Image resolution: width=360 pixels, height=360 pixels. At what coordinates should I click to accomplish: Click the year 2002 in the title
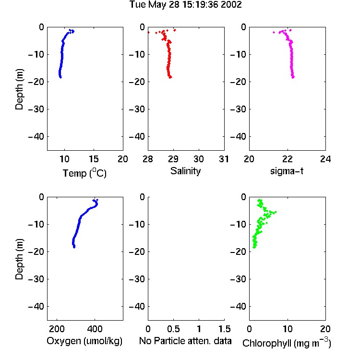[231, 5]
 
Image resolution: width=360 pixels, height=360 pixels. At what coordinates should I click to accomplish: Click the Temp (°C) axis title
[84, 173]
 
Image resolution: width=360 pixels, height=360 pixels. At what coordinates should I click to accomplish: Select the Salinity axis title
[185, 171]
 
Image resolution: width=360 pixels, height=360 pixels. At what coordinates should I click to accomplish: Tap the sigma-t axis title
[287, 171]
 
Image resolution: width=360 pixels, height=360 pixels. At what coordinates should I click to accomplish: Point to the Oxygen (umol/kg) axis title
[84, 341]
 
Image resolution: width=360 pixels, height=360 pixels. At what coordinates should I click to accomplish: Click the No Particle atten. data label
[185, 341]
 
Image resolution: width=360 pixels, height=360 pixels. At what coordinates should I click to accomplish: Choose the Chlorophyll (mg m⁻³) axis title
[287, 343]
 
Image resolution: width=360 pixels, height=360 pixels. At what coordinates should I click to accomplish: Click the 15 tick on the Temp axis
[94, 159]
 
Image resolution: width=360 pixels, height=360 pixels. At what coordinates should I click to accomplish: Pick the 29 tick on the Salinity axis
[173, 159]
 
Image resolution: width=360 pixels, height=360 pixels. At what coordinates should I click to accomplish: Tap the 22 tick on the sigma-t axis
[288, 159]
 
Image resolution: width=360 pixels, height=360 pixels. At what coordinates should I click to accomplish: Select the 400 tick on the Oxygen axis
[95, 329]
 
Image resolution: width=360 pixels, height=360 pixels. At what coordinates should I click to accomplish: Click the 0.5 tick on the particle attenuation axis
[173, 329]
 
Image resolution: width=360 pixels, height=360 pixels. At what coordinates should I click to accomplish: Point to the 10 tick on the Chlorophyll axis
[288, 329]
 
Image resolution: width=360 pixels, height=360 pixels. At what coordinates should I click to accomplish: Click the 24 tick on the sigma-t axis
[325, 159]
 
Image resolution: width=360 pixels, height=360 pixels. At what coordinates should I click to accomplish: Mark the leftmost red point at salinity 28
[148, 32]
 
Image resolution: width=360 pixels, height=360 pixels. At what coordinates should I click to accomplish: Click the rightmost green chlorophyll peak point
[276, 212]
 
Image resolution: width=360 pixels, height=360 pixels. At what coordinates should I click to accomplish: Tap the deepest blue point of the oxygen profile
[74, 247]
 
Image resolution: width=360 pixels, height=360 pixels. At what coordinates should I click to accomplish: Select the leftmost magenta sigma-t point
[274, 32]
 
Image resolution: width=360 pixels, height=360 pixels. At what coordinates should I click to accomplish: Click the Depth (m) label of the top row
[19, 89]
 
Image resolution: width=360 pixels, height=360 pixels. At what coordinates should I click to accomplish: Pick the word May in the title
[157, 5]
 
